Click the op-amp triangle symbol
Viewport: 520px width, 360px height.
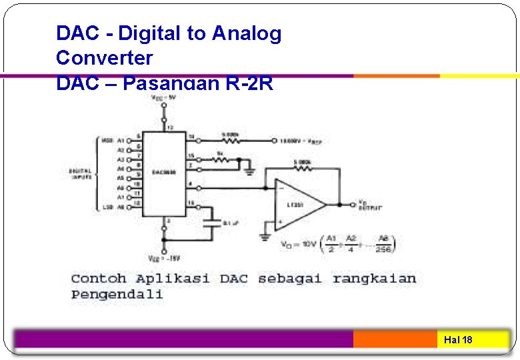point(299,203)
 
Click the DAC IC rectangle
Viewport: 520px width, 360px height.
point(164,173)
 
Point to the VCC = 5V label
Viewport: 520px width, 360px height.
point(163,97)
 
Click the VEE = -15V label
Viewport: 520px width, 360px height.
point(163,258)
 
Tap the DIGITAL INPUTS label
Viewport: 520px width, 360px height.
point(81,173)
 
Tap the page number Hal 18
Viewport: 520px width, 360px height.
point(458,340)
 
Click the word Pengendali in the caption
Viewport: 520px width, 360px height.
point(117,294)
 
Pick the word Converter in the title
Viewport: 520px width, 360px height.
point(104,58)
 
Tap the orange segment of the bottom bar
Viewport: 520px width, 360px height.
point(395,339)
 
